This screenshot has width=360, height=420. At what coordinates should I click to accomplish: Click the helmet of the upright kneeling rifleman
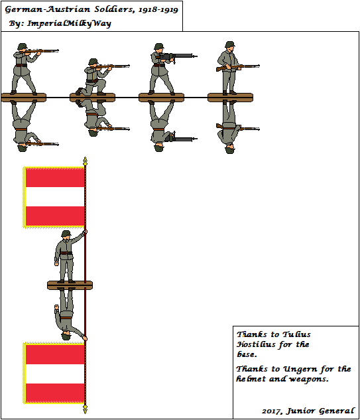(91, 62)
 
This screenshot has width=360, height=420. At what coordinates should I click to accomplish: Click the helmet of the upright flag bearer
(66, 234)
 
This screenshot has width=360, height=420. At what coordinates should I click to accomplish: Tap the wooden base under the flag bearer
(70, 285)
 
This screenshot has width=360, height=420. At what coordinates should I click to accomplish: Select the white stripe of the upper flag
(54, 197)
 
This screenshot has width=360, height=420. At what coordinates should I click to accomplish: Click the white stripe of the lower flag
(54, 374)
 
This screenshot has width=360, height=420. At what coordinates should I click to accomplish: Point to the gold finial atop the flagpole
(85, 161)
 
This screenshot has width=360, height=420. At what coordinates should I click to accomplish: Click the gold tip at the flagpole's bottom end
(85, 411)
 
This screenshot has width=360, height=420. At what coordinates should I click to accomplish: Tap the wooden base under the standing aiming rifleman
(23, 98)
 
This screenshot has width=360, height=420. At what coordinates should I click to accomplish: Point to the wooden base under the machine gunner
(161, 98)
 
